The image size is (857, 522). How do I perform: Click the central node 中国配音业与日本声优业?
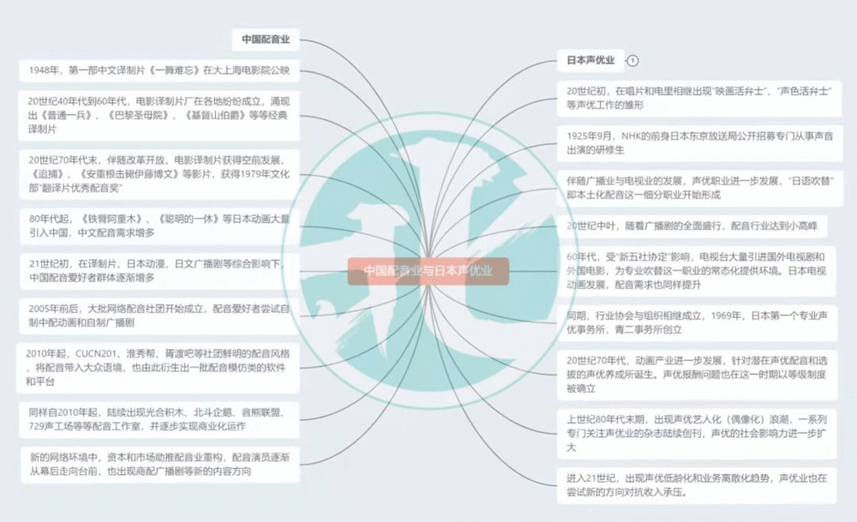click(x=428, y=271)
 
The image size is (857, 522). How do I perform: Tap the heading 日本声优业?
click(x=590, y=61)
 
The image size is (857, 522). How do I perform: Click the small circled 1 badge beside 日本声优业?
click(x=632, y=61)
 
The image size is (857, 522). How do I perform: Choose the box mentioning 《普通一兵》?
click(x=159, y=115)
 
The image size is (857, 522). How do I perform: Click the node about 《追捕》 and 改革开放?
click(x=159, y=175)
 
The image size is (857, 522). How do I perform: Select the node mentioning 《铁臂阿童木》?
click(x=159, y=225)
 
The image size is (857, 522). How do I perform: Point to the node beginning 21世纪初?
click(x=159, y=270)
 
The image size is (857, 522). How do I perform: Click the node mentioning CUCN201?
click(x=159, y=368)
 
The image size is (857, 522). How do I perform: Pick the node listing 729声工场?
click(x=159, y=419)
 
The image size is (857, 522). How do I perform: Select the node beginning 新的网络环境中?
click(x=159, y=465)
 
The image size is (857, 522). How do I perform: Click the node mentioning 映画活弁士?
click(x=699, y=97)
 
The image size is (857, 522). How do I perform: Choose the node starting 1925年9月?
click(x=699, y=141)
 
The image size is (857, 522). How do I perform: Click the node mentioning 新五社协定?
click(x=699, y=270)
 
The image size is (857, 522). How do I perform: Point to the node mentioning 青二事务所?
click(x=699, y=322)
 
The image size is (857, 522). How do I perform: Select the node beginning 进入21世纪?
click(x=699, y=486)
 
